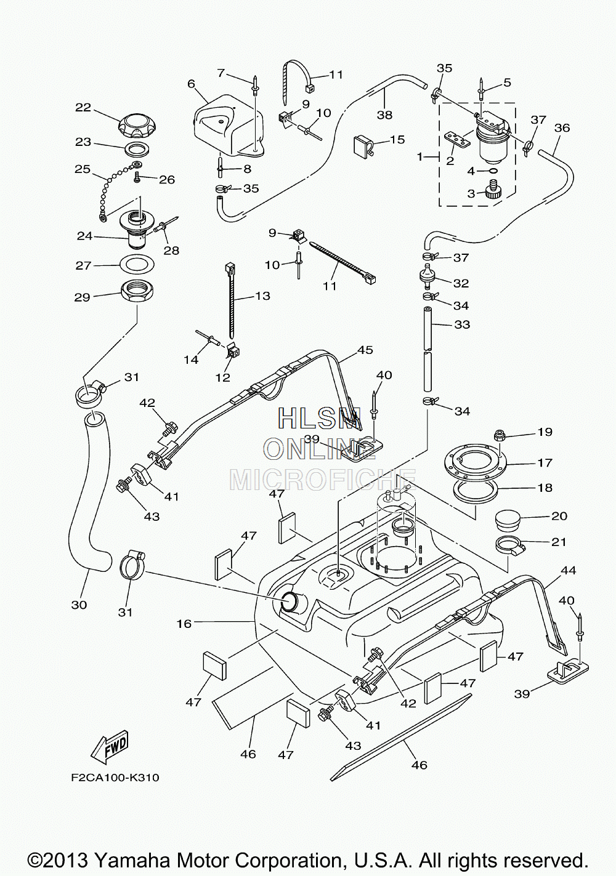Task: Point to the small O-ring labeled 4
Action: (493, 171)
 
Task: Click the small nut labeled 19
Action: (500, 434)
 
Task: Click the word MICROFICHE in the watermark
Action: (323, 481)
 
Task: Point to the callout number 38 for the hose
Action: (385, 115)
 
